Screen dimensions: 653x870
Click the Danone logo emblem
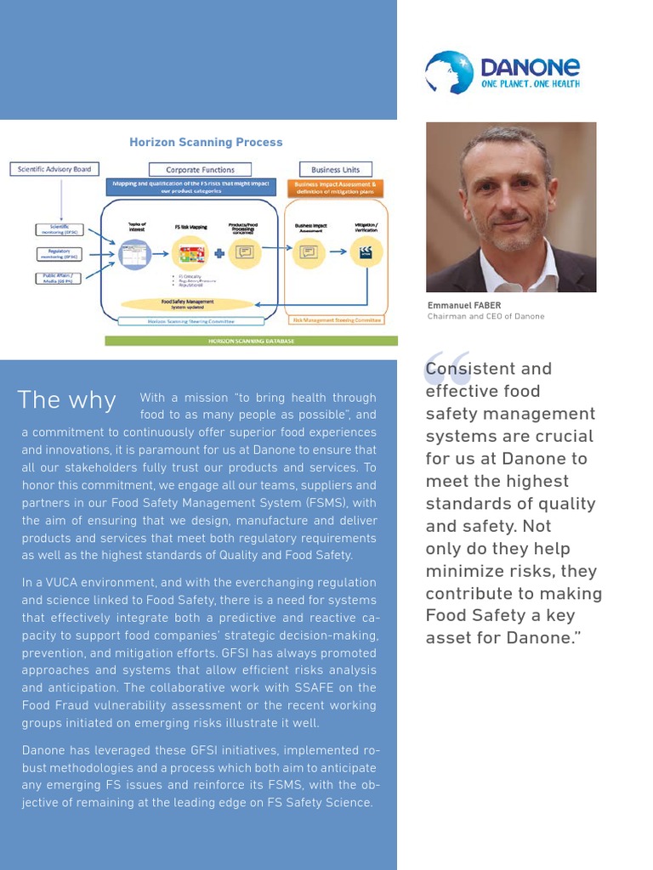click(449, 71)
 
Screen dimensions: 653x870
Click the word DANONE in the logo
click(530, 67)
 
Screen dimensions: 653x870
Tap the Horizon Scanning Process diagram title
click(206, 142)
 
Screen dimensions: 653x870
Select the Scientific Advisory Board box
click(54, 169)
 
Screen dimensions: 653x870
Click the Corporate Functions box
click(200, 170)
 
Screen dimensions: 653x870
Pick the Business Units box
click(335, 170)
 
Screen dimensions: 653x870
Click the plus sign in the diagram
click(219, 251)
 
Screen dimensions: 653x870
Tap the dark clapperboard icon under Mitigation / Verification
click(366, 251)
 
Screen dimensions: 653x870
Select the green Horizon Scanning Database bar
click(251, 341)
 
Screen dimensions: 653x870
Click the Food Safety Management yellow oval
click(187, 303)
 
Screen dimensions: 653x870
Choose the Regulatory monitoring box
click(59, 254)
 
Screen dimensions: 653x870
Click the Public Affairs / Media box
click(59, 278)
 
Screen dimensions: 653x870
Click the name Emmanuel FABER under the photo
click(464, 306)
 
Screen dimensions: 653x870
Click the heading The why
click(67, 400)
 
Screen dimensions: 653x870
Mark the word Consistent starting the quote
click(470, 369)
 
